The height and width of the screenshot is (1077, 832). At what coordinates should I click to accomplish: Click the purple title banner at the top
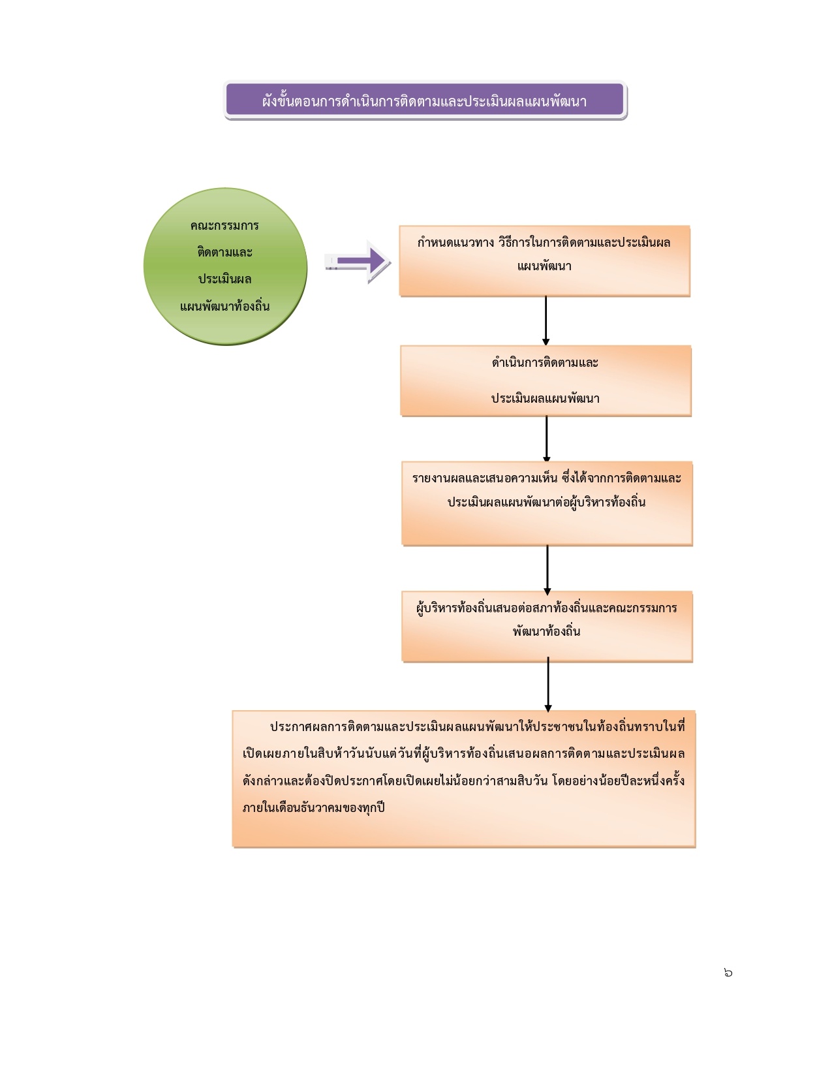(425, 101)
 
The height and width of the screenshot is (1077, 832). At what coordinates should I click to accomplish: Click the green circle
(225, 266)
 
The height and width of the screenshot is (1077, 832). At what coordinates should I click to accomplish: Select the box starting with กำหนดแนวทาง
(544, 261)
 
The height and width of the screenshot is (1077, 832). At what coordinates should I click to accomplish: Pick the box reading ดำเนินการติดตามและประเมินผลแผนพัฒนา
(546, 381)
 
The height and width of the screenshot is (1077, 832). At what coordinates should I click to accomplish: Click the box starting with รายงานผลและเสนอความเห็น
(547, 503)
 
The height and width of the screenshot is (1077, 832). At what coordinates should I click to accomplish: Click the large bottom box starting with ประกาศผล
(464, 779)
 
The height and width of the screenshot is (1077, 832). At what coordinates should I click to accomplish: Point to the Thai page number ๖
(728, 973)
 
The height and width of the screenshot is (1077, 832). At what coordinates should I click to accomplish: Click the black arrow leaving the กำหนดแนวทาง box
(546, 320)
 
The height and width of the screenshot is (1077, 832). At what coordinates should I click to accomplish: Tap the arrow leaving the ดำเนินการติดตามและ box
(547, 439)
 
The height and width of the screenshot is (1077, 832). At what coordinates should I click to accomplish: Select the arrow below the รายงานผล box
(547, 569)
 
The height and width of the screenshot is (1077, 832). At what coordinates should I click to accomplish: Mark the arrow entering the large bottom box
(548, 685)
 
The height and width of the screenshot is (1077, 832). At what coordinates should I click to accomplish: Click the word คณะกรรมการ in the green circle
(224, 226)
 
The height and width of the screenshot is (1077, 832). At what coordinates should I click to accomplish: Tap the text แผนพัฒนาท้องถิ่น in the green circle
(224, 306)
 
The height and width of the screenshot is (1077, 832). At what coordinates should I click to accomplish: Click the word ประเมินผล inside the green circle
(224, 279)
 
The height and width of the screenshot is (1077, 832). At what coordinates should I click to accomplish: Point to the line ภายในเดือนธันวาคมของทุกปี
(314, 807)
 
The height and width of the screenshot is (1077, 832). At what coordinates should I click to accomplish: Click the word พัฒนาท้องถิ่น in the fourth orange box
(547, 631)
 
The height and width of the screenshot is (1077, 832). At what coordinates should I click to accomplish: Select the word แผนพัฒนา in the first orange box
(544, 266)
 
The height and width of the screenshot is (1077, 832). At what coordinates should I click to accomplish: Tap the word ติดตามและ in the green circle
(224, 253)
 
